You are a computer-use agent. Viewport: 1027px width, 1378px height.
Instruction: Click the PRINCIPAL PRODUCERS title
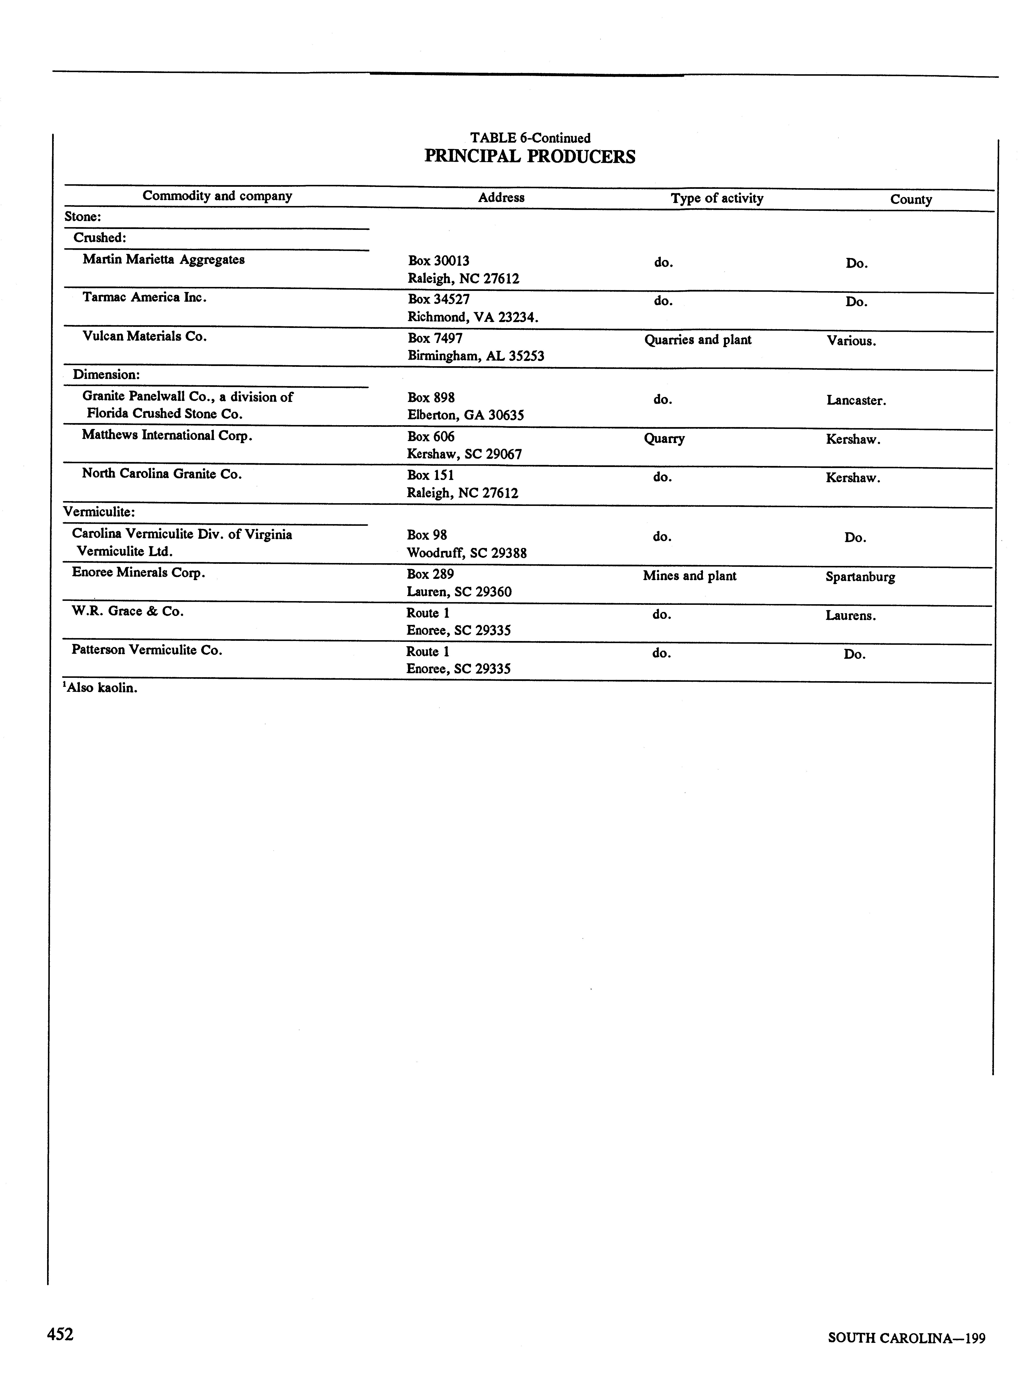[x=530, y=157]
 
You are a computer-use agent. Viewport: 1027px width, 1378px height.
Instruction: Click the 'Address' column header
[x=501, y=198]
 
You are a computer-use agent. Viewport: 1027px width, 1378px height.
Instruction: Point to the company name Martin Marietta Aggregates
[x=163, y=260]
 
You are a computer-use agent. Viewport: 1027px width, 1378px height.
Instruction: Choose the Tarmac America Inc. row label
[x=144, y=298]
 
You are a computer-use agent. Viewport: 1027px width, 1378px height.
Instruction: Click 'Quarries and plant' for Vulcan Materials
[x=697, y=340]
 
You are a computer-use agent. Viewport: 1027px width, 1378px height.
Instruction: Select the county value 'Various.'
[x=851, y=341]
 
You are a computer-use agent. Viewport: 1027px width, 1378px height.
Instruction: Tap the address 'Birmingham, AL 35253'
[x=476, y=356]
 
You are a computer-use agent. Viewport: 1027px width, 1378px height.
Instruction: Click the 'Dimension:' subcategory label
[x=106, y=375]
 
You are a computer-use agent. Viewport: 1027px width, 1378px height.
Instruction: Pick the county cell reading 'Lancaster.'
[x=856, y=401]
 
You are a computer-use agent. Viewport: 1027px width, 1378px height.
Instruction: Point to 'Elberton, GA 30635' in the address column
[x=466, y=415]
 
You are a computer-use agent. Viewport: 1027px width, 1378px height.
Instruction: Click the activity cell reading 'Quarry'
[x=664, y=439]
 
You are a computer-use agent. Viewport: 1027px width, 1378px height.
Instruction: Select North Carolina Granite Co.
[x=162, y=474]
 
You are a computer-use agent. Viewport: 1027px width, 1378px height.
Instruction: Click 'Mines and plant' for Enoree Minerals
[x=689, y=576]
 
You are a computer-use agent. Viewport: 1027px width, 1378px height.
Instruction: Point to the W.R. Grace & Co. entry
[x=127, y=611]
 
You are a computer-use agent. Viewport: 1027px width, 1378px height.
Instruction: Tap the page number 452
[x=60, y=1334]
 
